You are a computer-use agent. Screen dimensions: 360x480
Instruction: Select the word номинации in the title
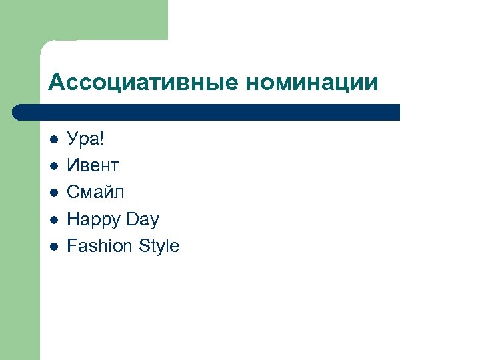(312, 83)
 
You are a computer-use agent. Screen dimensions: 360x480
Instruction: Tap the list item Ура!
(86, 139)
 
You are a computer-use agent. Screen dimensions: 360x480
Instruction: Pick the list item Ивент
(93, 165)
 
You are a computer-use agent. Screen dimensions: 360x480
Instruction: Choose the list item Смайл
(95, 192)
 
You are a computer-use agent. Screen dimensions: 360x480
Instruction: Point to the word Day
(144, 219)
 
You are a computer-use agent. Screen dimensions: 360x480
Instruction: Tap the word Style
(159, 246)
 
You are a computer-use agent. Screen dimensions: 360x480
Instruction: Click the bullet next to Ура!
(54, 139)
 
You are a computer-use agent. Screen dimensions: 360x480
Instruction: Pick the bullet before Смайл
(54, 193)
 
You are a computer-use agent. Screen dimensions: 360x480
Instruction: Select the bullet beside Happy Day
(54, 219)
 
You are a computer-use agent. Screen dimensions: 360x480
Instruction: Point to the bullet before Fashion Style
(54, 246)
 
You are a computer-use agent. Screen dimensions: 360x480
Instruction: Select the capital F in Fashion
(72, 246)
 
